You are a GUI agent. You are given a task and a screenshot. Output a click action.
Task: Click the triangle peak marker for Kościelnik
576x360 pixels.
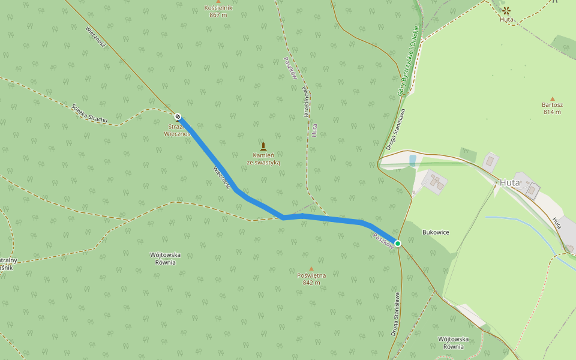(218, 1)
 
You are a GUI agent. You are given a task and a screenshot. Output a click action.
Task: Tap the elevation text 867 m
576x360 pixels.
(218, 15)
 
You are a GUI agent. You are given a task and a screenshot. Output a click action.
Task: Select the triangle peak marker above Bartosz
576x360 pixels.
(552, 98)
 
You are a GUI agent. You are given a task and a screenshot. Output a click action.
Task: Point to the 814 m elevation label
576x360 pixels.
(552, 112)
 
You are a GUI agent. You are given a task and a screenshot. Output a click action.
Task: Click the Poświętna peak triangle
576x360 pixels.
(311, 268)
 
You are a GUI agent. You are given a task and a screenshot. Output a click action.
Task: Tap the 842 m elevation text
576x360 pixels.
(311, 283)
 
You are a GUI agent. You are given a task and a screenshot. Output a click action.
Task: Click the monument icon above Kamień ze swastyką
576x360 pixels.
(263, 146)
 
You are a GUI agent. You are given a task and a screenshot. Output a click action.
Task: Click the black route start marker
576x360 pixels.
(178, 116)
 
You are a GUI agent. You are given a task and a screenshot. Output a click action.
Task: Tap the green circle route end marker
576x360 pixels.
(398, 243)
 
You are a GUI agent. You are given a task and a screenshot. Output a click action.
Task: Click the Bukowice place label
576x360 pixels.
(436, 232)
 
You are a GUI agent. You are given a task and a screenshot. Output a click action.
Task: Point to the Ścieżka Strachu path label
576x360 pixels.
(89, 113)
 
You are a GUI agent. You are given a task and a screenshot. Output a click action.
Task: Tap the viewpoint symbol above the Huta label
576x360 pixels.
(506, 10)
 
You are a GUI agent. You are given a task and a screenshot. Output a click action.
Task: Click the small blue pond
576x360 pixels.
(412, 160)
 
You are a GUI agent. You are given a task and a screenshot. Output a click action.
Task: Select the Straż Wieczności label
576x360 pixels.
(178, 130)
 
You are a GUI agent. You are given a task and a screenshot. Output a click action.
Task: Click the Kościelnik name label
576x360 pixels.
(218, 8)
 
